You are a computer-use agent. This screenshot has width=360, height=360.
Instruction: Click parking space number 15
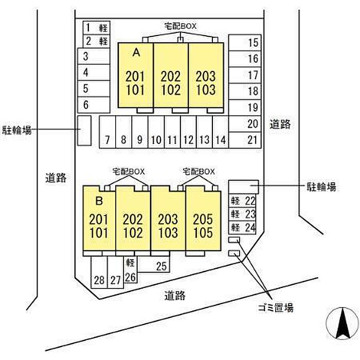click(x=245, y=43)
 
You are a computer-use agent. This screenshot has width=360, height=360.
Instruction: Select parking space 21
click(x=245, y=139)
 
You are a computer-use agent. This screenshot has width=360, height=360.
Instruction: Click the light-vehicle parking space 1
click(x=96, y=27)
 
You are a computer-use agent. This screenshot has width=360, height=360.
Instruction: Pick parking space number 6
click(x=93, y=105)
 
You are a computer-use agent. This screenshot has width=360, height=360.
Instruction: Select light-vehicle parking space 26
click(x=131, y=271)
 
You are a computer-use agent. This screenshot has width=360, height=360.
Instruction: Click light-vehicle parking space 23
click(x=243, y=214)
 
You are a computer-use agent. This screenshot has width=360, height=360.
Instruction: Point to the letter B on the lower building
click(x=100, y=199)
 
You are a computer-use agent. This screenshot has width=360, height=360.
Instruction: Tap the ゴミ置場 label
click(x=275, y=308)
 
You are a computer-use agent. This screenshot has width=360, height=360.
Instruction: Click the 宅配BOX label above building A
click(x=180, y=25)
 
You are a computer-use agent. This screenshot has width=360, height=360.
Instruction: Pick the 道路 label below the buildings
click(x=175, y=296)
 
